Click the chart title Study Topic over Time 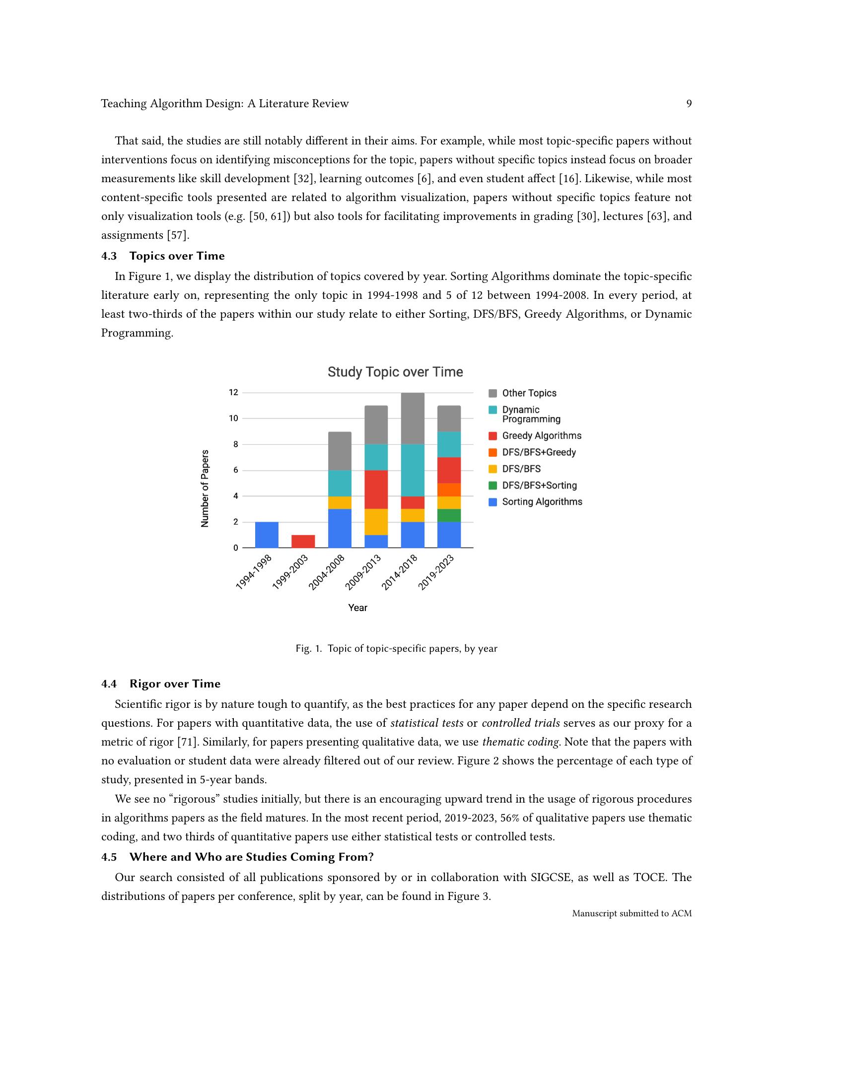pyautogui.click(x=395, y=372)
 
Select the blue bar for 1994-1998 pyautogui.click(x=267, y=535)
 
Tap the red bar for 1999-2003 pyautogui.click(x=303, y=541)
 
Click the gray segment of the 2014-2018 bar pyautogui.click(x=413, y=418)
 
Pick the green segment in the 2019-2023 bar pyautogui.click(x=449, y=516)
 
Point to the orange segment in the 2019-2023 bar pyautogui.click(x=449, y=489)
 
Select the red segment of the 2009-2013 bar pyautogui.click(x=376, y=489)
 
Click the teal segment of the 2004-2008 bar pyautogui.click(x=340, y=483)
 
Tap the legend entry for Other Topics pyautogui.click(x=529, y=393)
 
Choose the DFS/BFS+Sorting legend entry pyautogui.click(x=539, y=485)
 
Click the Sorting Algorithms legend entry pyautogui.click(x=542, y=502)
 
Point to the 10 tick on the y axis pyautogui.click(x=233, y=418)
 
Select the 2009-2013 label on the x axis pyautogui.click(x=363, y=572)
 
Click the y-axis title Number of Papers pyautogui.click(x=205, y=488)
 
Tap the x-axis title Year pyautogui.click(x=357, y=608)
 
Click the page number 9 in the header pyautogui.click(x=689, y=104)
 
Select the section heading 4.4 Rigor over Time pyautogui.click(x=160, y=683)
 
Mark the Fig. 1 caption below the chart pyautogui.click(x=396, y=649)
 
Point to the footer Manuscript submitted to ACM pyautogui.click(x=632, y=913)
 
